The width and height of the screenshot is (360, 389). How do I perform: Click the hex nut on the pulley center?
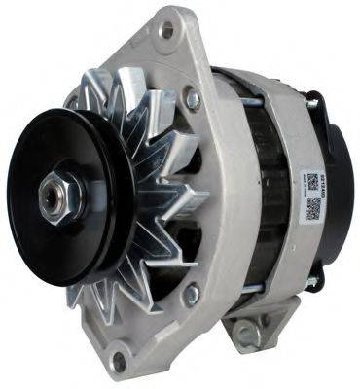(52, 194)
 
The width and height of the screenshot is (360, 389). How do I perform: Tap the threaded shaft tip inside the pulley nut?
(49, 194)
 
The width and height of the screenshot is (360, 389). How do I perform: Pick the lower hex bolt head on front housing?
(192, 290)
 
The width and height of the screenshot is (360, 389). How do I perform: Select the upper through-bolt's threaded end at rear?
(312, 96)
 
